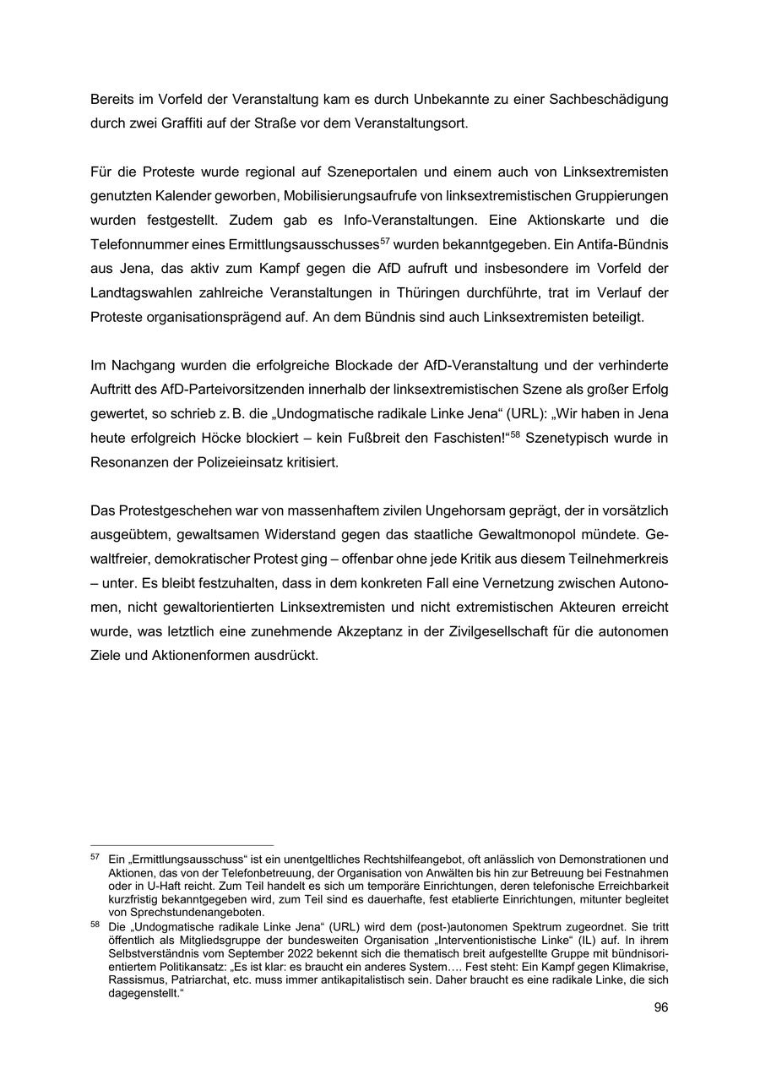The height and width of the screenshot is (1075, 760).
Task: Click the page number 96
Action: [660, 1007]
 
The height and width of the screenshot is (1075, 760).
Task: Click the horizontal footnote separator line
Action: [182, 844]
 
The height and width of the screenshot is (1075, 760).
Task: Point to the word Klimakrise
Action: [639, 966]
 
